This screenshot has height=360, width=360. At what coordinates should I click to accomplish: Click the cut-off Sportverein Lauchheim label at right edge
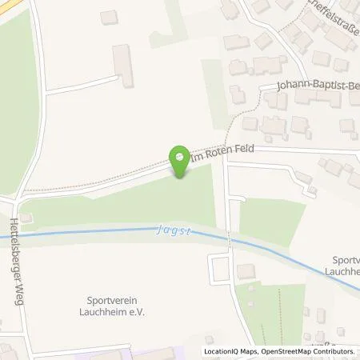click(x=346, y=266)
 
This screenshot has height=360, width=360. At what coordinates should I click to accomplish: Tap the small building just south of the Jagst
click(x=245, y=271)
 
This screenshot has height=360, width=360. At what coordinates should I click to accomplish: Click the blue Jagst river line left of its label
click(x=80, y=233)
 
